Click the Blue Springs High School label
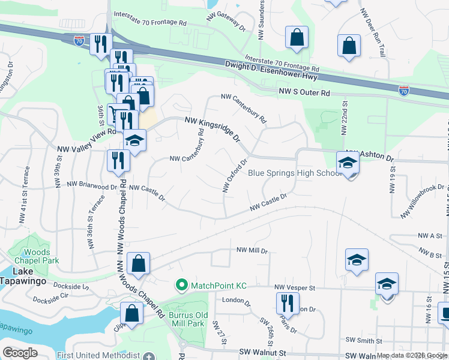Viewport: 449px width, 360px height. [295, 173]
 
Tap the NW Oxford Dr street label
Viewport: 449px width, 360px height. [235, 175]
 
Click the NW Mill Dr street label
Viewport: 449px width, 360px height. [252, 250]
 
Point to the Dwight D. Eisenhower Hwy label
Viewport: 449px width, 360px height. [271, 69]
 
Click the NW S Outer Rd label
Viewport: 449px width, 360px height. [305, 93]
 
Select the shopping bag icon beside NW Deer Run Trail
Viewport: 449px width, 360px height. [349, 46]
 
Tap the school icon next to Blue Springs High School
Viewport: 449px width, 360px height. [348, 161]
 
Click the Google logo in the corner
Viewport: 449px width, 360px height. [20, 353]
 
